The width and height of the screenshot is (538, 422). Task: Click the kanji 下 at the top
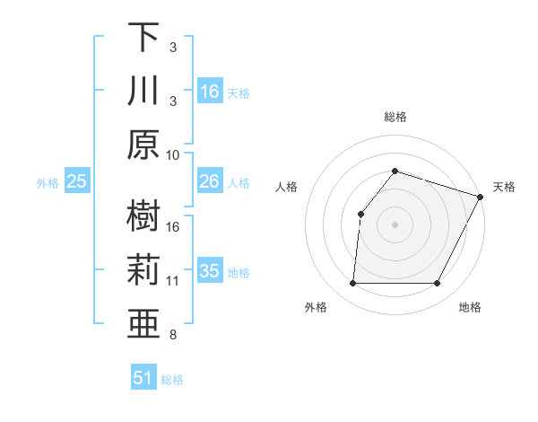pyautogui.click(x=143, y=37)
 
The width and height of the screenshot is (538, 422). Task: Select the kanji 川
pyautogui.click(x=143, y=91)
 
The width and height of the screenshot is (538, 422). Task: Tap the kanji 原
pyautogui.click(x=143, y=145)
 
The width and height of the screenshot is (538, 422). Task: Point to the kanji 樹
pyautogui.click(x=143, y=216)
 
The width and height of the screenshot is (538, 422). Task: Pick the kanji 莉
pyautogui.click(x=143, y=270)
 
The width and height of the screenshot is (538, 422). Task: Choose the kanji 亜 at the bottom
pyautogui.click(x=143, y=324)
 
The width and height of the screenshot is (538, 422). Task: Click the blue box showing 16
pyautogui.click(x=210, y=92)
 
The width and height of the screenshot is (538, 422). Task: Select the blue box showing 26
pyautogui.click(x=210, y=181)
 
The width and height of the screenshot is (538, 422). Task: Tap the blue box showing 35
pyautogui.click(x=210, y=271)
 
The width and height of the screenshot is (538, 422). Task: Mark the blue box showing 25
pyautogui.click(x=77, y=181)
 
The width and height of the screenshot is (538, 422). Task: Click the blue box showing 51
pyautogui.click(x=143, y=378)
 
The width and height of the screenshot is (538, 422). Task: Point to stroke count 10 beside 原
pyautogui.click(x=173, y=154)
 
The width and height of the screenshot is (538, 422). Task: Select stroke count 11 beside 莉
pyautogui.click(x=173, y=281)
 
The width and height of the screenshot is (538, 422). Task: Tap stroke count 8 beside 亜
pyautogui.click(x=173, y=335)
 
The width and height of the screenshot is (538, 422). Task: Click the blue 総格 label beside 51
pyautogui.click(x=172, y=380)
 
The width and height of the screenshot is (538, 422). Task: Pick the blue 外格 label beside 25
pyautogui.click(x=48, y=183)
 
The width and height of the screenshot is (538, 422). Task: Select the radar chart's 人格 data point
pyautogui.click(x=360, y=214)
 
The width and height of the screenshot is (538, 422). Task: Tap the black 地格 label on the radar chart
pyautogui.click(x=469, y=307)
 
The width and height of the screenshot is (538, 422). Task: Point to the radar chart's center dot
pyautogui.click(x=395, y=224)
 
